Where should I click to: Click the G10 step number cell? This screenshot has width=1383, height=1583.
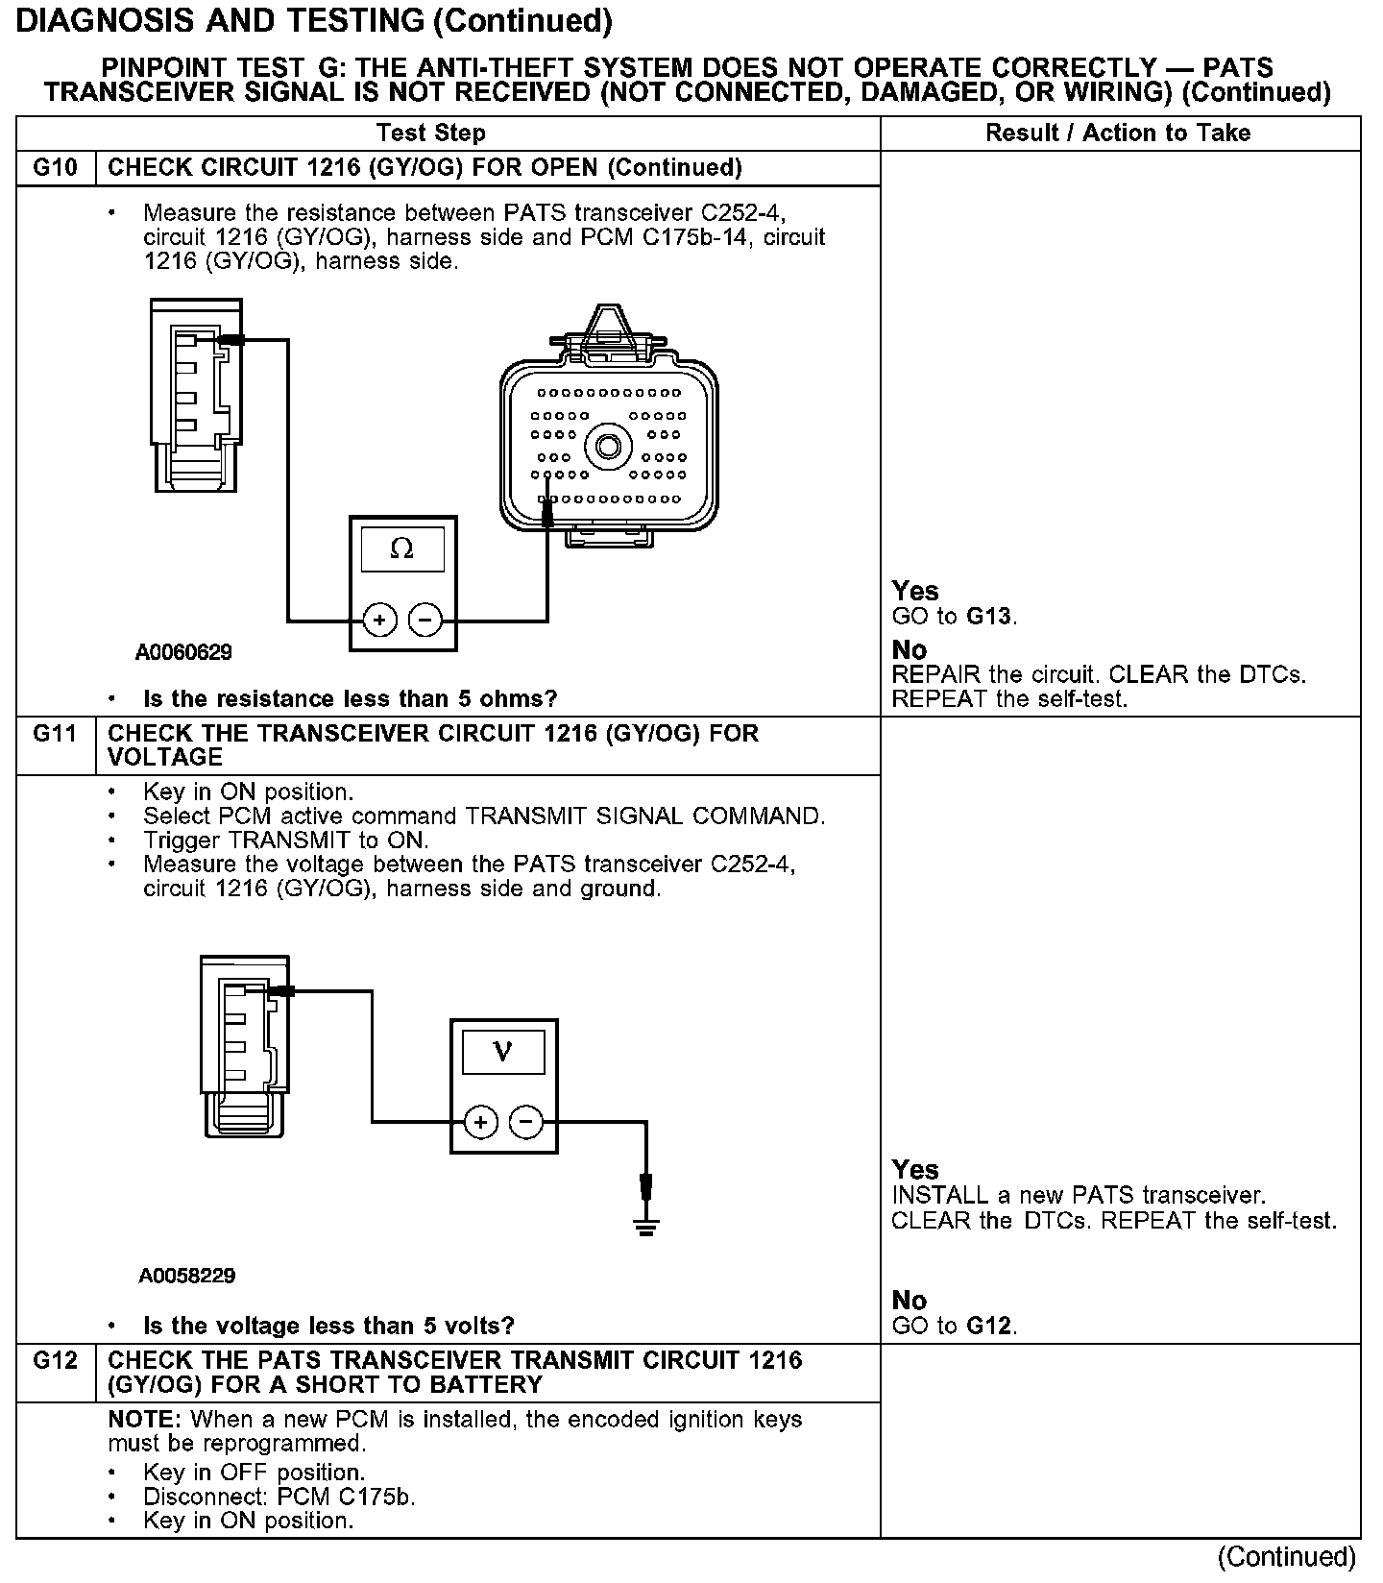pos(55,168)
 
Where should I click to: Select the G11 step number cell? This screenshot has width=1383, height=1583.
pos(55,735)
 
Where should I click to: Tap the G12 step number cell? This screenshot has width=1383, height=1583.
pos(55,1361)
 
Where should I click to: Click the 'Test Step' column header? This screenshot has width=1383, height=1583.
pos(431,134)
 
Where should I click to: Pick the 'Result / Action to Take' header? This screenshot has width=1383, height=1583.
pos(1118,134)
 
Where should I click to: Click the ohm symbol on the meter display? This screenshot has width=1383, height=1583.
pos(402,549)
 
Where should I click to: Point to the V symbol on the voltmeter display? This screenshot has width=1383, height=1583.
pos(502,1052)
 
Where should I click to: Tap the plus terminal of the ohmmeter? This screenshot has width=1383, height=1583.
pos(380,621)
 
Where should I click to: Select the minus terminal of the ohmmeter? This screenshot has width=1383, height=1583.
pos(425,621)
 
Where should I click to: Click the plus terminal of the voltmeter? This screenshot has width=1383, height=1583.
pos(481,1121)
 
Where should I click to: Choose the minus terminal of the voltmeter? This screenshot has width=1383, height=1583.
pos(525,1121)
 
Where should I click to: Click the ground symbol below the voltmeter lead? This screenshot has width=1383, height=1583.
pos(645,1226)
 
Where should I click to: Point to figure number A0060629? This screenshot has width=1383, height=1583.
pos(183,653)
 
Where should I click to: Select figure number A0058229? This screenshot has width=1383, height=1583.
pos(187,1276)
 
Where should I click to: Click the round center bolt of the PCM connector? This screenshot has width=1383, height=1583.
pos(608,447)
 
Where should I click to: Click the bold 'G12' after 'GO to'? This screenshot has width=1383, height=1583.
pos(989,1327)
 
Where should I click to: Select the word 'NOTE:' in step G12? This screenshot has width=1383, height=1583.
pos(146,1420)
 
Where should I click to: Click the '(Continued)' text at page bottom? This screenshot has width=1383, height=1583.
pos(1287,1556)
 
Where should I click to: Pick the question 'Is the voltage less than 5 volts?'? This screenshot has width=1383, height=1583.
pos(328,1327)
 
